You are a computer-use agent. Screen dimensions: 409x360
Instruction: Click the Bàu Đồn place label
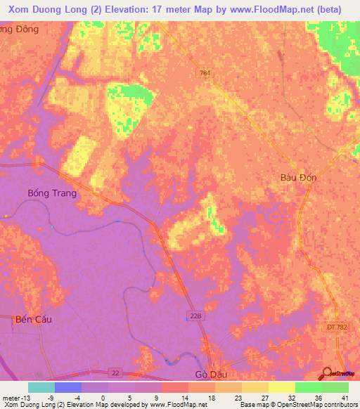coord(298,178)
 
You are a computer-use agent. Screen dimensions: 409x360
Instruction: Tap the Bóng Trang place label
coord(51,193)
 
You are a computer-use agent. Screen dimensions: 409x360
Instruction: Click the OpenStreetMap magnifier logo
coord(328,373)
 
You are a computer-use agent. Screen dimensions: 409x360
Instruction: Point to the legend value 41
coord(345,397)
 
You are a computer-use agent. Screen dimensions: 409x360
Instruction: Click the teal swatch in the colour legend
coord(41,387)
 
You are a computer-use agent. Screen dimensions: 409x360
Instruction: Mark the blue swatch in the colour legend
coord(68,387)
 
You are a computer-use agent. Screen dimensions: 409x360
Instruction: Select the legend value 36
coord(318,397)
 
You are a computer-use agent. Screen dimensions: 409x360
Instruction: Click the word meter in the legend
coord(10,397)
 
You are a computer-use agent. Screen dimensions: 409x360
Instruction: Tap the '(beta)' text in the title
coord(328,9)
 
